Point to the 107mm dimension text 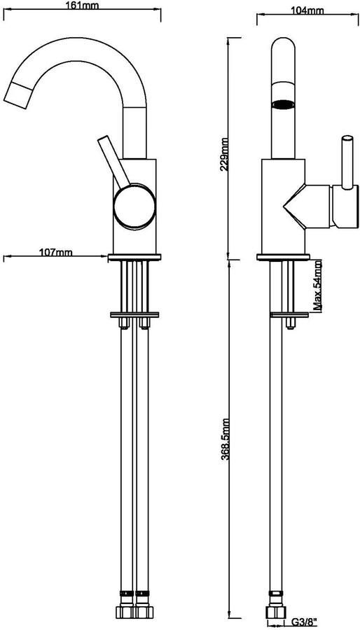pyautogui.click(x=56, y=252)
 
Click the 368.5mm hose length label pyautogui.click(x=225, y=439)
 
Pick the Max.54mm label pyautogui.click(x=317, y=286)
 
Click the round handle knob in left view pyautogui.click(x=134, y=207)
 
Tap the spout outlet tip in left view pyautogui.click(x=17, y=94)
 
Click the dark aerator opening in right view pyautogui.click(x=283, y=104)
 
